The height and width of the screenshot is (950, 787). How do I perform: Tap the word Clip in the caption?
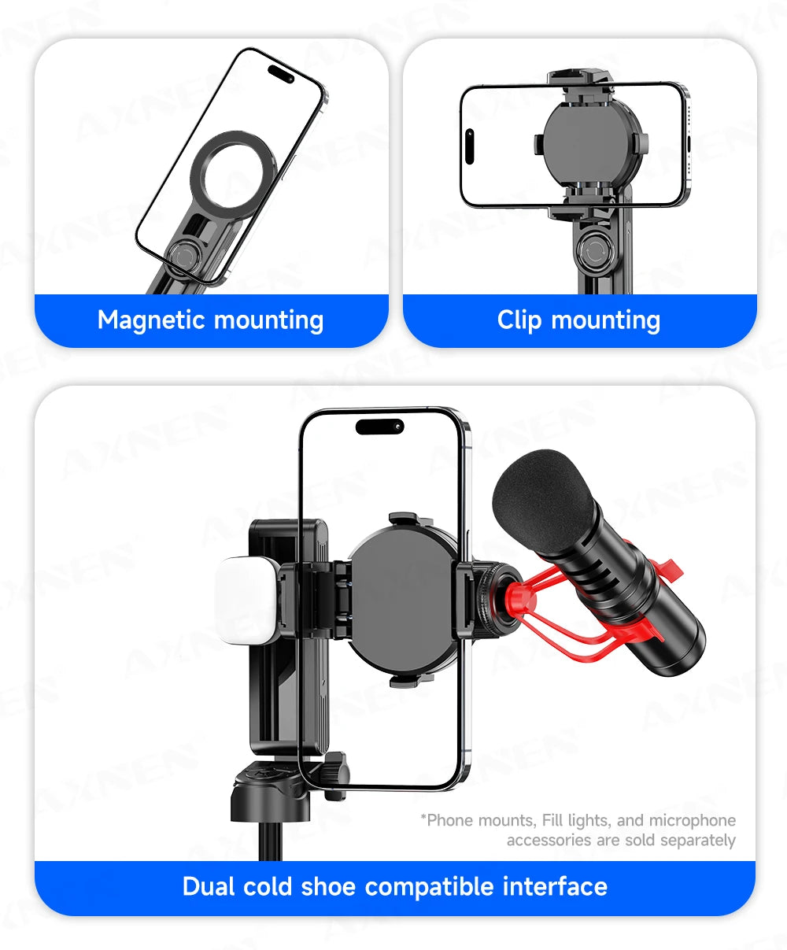click(519, 320)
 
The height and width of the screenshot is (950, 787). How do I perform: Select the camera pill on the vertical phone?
click(379, 427)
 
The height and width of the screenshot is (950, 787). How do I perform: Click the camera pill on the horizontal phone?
click(470, 146)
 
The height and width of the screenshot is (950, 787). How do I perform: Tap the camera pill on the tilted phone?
click(281, 73)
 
